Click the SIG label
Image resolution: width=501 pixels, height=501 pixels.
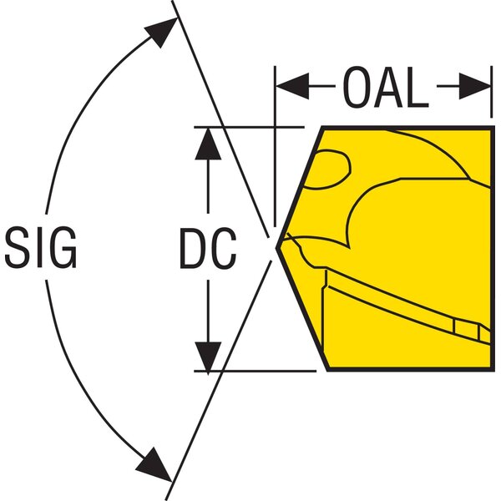click(41, 246)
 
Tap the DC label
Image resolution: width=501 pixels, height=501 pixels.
click(208, 248)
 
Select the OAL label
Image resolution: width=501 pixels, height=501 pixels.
click(386, 87)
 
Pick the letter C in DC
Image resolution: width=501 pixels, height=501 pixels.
click(224, 248)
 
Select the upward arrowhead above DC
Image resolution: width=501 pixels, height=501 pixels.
click(208, 144)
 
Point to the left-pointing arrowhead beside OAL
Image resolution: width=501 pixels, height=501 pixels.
click(293, 86)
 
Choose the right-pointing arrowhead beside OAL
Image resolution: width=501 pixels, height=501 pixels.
click(475, 86)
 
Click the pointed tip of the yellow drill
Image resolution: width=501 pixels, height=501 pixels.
click(276, 247)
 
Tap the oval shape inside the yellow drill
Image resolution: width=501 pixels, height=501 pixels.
click(327, 169)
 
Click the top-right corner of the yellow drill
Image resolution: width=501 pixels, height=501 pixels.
click(493, 128)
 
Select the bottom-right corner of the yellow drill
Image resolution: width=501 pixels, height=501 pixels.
click(492, 369)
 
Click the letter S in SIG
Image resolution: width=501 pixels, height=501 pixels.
click(18, 246)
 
